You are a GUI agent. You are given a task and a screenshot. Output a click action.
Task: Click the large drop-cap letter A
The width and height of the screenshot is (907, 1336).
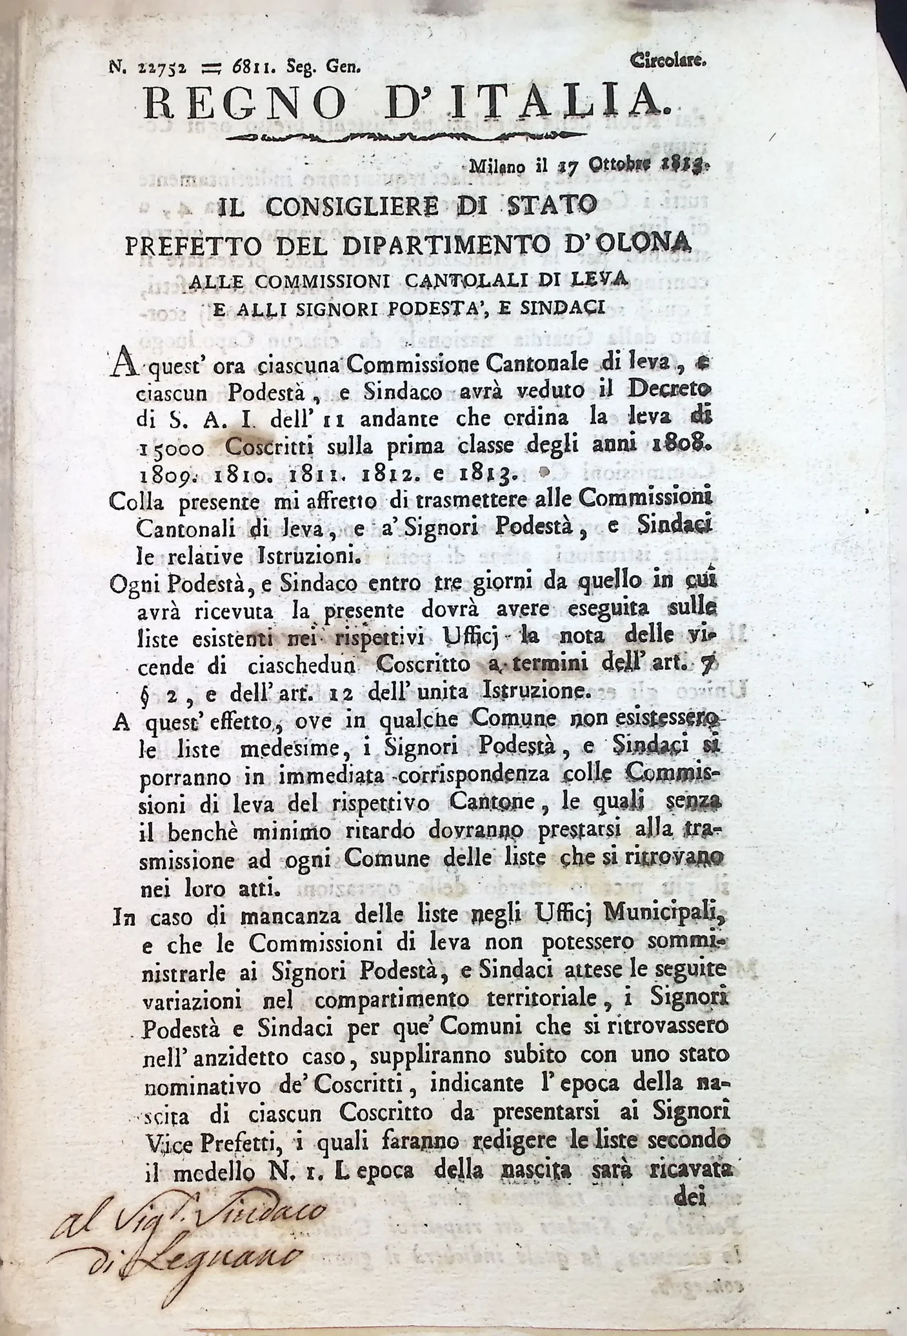click(x=123, y=363)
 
